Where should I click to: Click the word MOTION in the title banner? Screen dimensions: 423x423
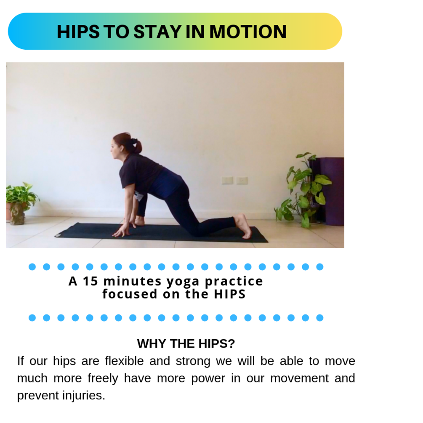[x=248, y=32]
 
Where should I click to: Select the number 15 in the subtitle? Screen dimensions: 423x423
[x=90, y=281]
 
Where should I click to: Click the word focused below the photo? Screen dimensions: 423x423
[x=124, y=294]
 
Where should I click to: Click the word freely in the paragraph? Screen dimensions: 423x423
[x=103, y=378]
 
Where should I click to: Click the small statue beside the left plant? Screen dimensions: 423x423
[x=18, y=213]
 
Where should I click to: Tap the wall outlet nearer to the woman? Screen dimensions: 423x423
[x=227, y=180]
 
